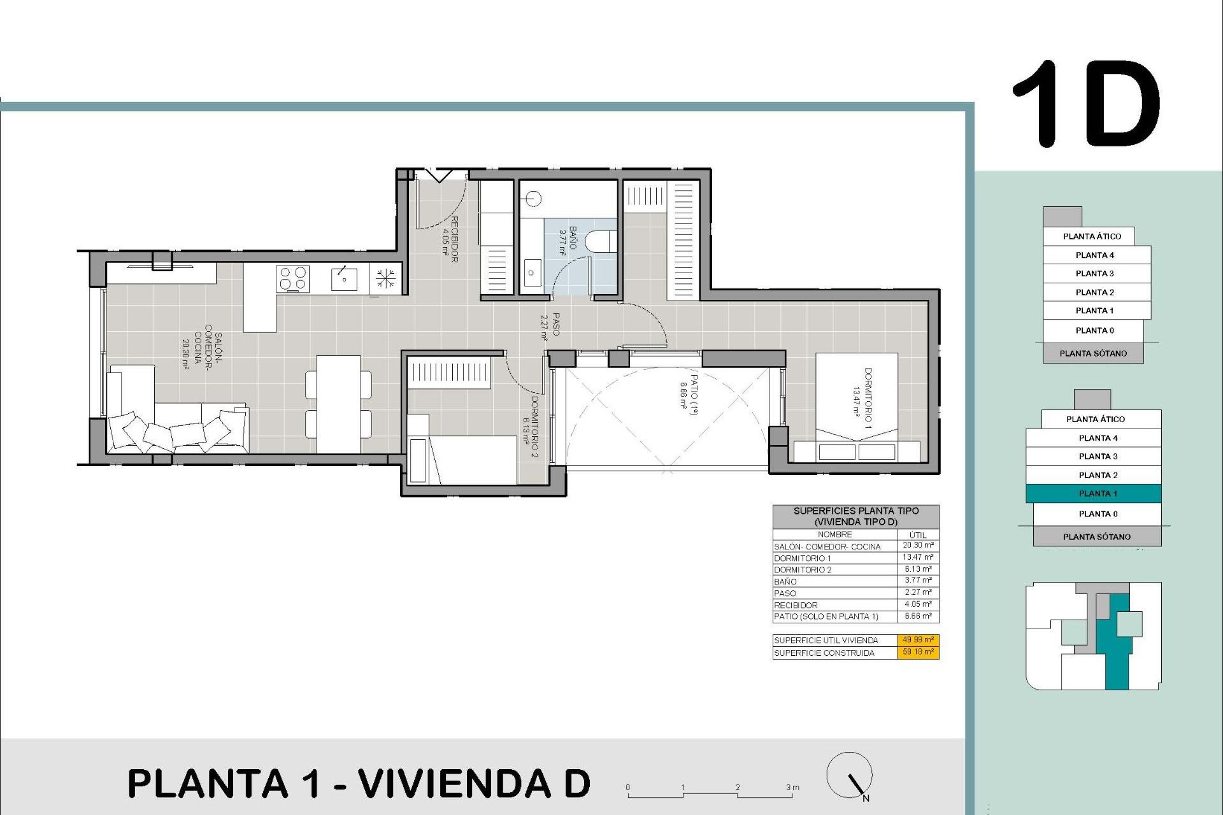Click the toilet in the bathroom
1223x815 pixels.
[600, 241]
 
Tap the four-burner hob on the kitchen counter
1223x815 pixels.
[292, 278]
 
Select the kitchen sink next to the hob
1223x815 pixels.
[344, 279]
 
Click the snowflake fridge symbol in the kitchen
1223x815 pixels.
[385, 278]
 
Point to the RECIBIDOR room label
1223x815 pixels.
[454, 239]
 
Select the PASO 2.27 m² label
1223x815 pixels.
[550, 325]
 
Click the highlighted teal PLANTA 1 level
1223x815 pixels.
[1093, 493]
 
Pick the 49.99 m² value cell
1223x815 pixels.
[918, 640]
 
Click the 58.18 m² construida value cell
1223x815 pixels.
[918, 652]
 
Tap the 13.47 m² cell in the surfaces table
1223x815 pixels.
[918, 557]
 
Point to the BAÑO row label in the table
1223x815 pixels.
[785, 581]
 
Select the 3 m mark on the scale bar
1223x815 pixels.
[792, 788]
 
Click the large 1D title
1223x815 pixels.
[1086, 105]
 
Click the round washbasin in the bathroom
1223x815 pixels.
[534, 199]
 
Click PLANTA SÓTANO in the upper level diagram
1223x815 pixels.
[1093, 353]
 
